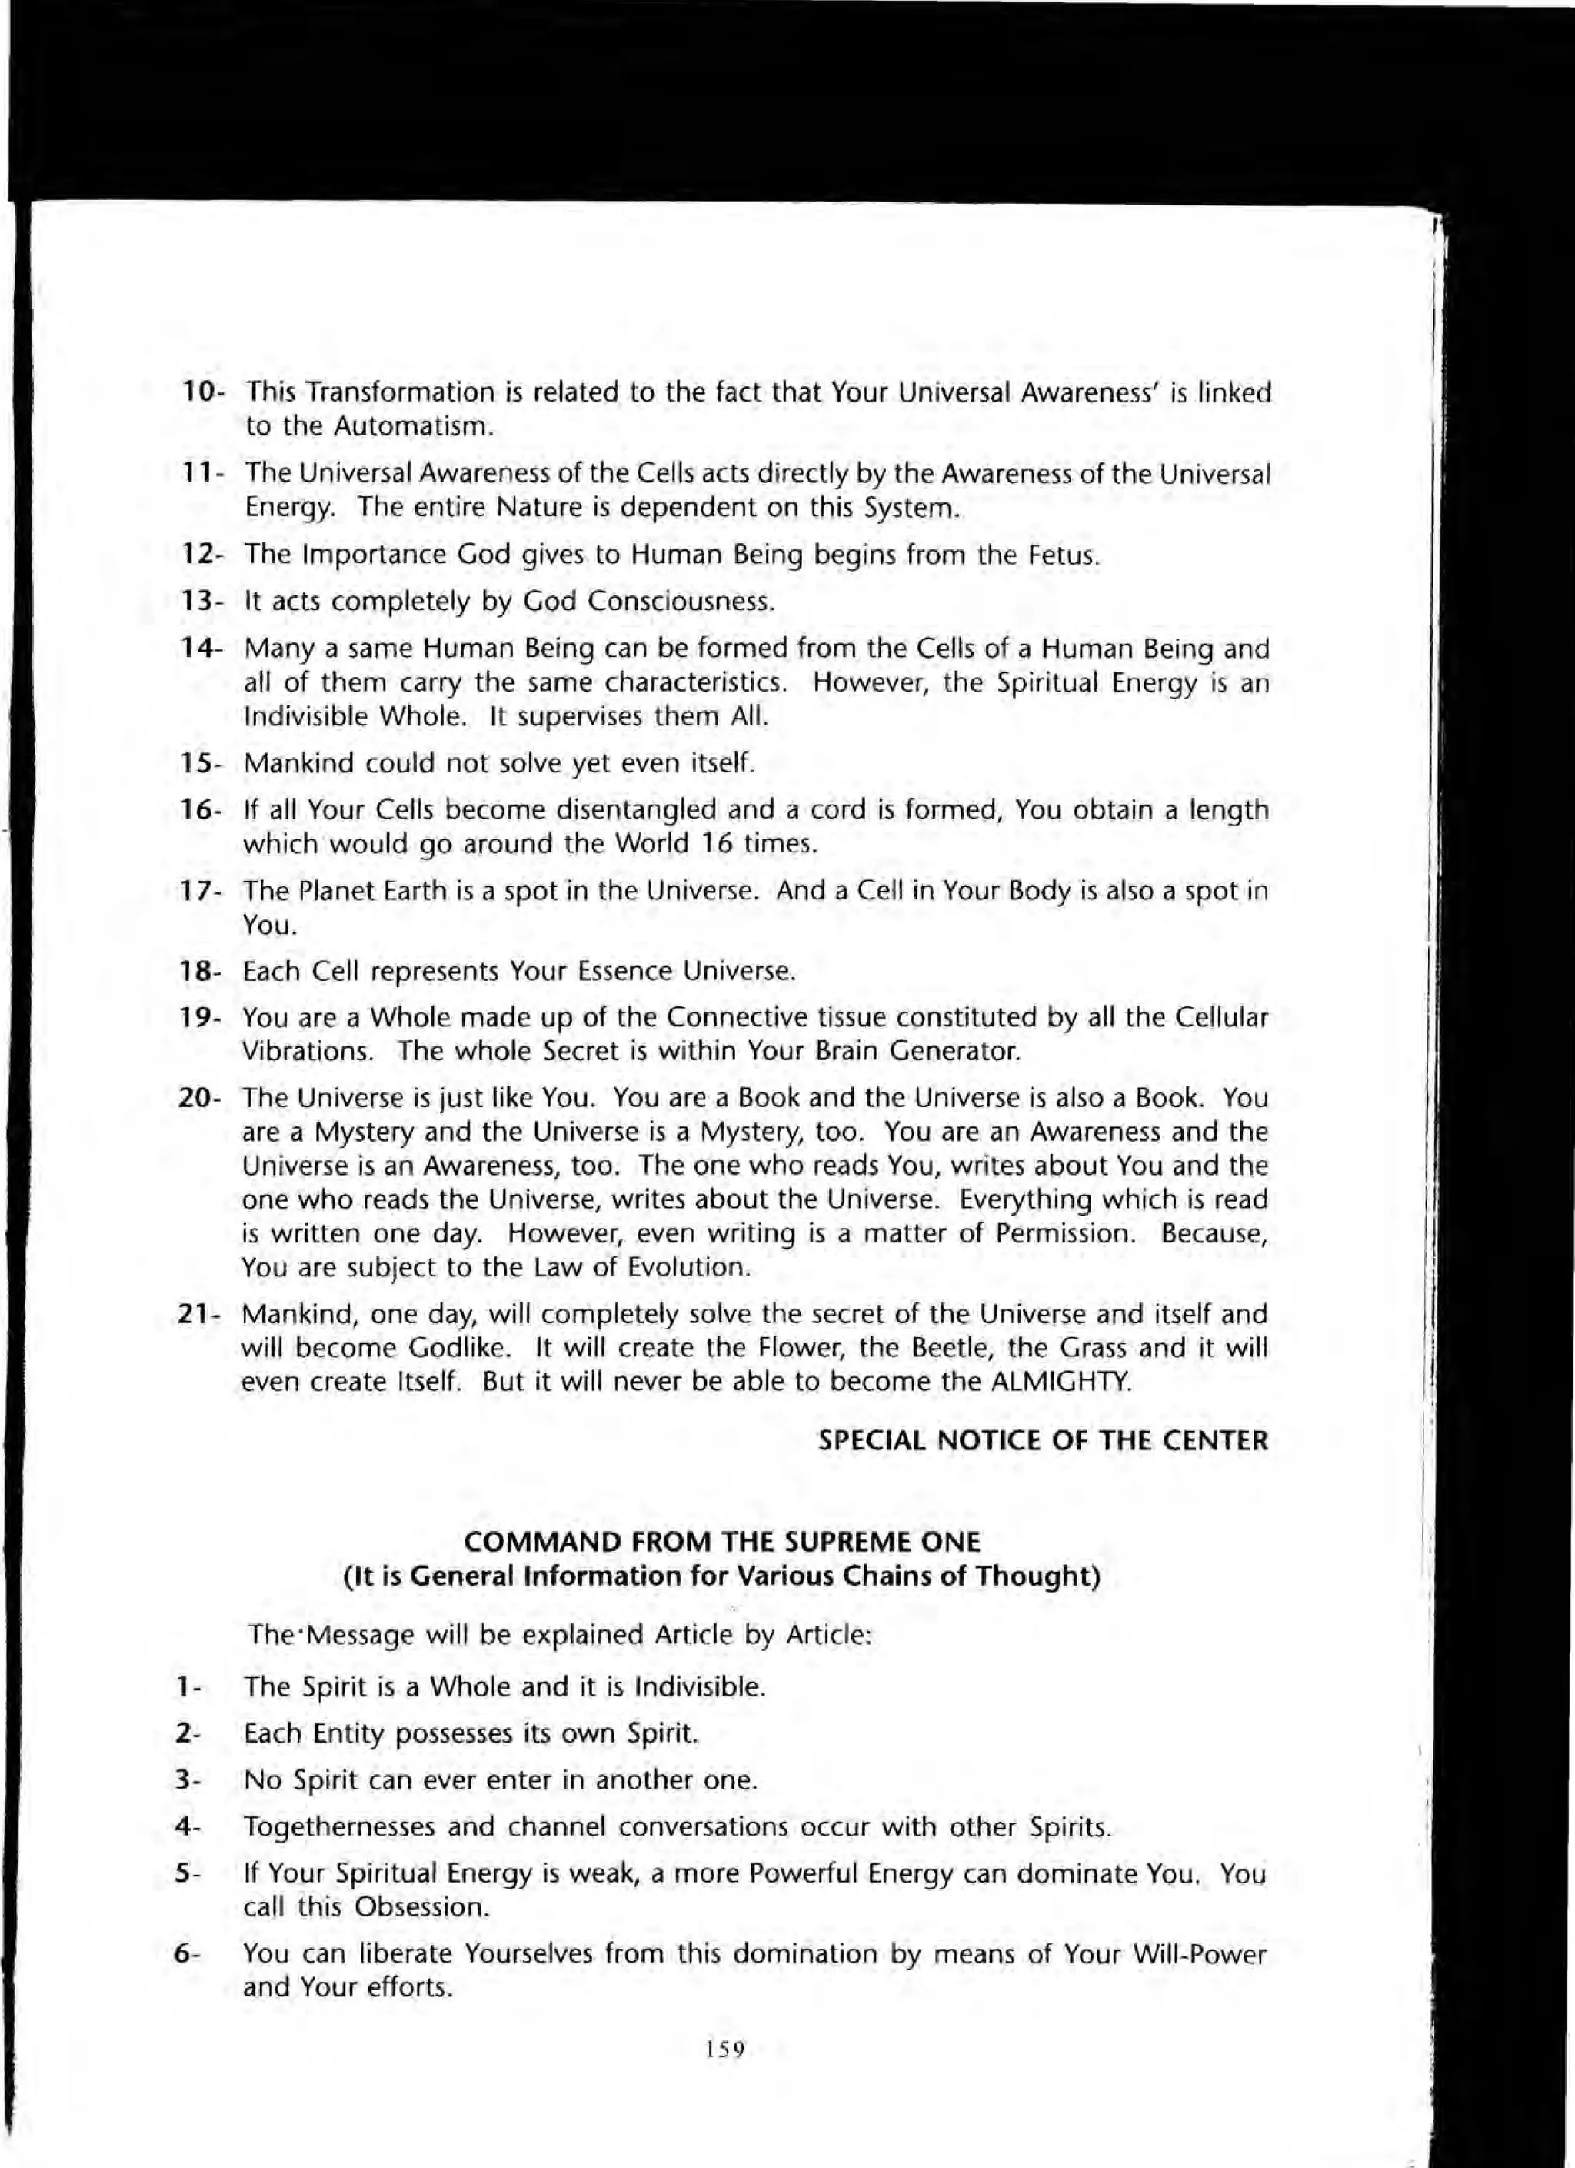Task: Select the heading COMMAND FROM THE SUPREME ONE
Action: pos(721,1542)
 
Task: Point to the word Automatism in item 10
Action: pos(413,426)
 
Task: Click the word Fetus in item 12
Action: pos(1061,555)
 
